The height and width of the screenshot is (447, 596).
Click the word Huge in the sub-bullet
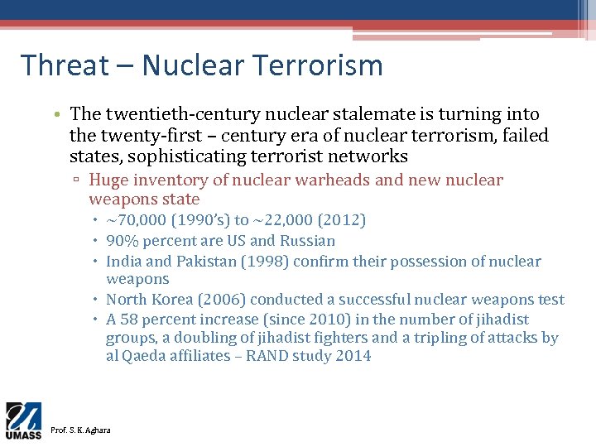pyautogui.click(x=107, y=180)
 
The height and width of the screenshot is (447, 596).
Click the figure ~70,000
pyautogui.click(x=138, y=220)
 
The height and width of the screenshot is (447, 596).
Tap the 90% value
pyautogui.click(x=122, y=241)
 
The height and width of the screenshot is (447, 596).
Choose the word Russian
pyautogui.click(x=306, y=241)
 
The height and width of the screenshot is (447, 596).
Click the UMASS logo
pyautogui.click(x=24, y=421)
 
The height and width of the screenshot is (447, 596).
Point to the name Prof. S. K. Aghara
pyautogui.click(x=80, y=430)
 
